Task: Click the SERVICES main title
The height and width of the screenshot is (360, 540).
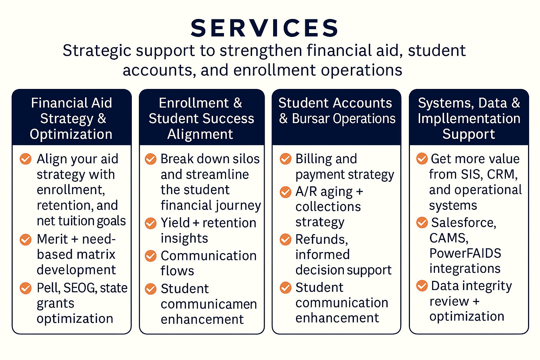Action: [x=264, y=28]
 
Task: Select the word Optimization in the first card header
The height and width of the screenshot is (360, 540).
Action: [x=71, y=134]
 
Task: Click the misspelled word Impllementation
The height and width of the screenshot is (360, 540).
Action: [x=469, y=119]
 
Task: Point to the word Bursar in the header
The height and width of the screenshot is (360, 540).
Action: [x=311, y=118]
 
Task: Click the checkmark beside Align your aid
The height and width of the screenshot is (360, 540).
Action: [x=26, y=159]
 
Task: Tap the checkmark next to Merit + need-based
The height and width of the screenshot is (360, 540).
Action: [x=26, y=239]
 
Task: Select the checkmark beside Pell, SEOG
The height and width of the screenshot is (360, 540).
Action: [x=26, y=288]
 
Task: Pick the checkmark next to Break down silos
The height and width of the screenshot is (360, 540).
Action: [x=151, y=159]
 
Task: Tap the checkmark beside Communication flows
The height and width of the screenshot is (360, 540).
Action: [x=151, y=256]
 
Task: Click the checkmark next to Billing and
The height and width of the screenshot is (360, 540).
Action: [x=286, y=159]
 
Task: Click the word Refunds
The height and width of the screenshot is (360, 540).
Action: [x=322, y=240]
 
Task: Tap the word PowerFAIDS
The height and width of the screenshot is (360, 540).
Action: [x=465, y=253]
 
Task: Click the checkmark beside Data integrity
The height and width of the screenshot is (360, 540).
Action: [x=422, y=286]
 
